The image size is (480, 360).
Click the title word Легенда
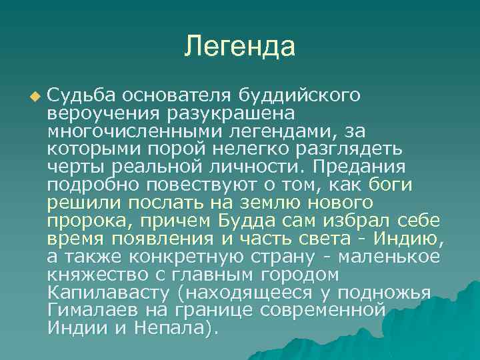point(239,46)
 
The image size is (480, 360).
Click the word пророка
point(83,220)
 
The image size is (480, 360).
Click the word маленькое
point(399,256)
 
